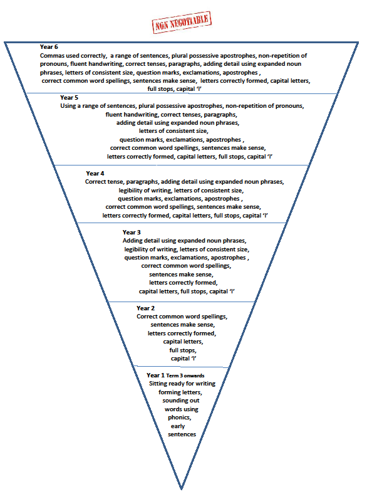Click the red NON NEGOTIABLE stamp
[182, 23]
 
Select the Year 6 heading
[49, 47]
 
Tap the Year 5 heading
[69, 97]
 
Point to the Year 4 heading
[95, 174]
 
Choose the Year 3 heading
[132, 233]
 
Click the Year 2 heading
[146, 308]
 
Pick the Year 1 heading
[155, 376]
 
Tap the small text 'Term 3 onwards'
[185, 376]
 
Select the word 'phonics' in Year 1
[179, 418]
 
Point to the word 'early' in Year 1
[178, 426]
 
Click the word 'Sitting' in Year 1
[158, 384]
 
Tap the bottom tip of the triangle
[181, 489]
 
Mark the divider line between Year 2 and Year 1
[180, 367]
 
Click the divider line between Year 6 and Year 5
[182, 93]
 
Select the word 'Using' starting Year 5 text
[68, 106]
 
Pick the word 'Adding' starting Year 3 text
[133, 241]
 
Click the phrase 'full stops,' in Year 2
[183, 350]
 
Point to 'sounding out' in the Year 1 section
[181, 401]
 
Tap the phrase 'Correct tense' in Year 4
[105, 182]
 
